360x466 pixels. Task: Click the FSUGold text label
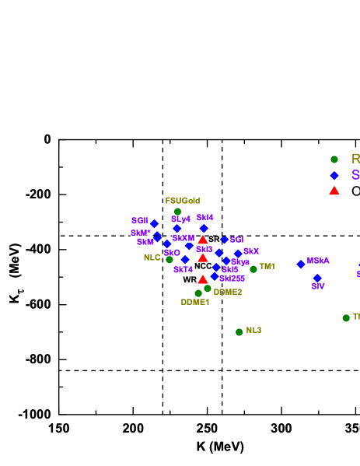click(183, 201)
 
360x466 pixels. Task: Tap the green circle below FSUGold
click(177, 212)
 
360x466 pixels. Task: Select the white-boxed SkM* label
click(140, 233)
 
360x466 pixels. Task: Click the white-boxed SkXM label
click(183, 238)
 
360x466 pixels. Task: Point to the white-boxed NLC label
click(152, 258)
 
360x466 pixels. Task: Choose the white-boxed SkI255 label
click(232, 279)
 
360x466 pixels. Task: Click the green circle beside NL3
click(239, 332)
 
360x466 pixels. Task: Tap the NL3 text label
click(253, 331)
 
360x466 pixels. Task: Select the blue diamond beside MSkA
click(301, 265)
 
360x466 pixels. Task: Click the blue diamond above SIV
click(317, 278)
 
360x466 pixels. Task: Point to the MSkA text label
click(318, 261)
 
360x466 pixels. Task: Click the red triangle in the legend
click(334, 191)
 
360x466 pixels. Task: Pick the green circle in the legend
click(334, 159)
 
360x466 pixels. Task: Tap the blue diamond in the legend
click(334, 176)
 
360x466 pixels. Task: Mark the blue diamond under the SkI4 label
click(204, 229)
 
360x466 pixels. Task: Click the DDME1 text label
click(195, 302)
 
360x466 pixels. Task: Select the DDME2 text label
click(228, 292)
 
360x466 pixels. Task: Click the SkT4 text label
click(183, 269)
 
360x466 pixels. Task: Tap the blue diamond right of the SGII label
click(154, 223)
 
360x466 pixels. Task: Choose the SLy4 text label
click(180, 219)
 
